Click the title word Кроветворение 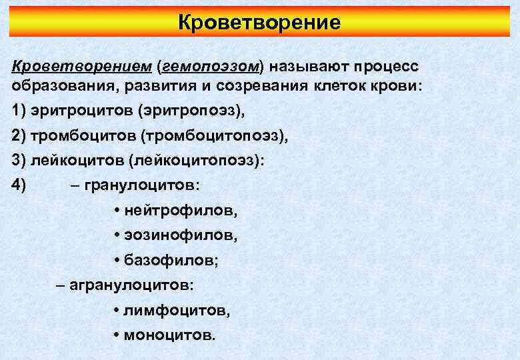[x=259, y=23]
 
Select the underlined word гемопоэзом [x=211, y=67]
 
